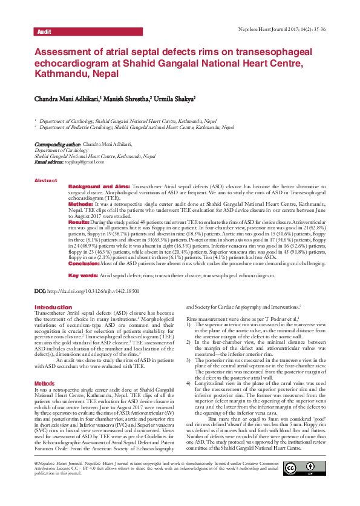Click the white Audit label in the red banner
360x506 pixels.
[44, 31]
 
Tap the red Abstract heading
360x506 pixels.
[45, 180]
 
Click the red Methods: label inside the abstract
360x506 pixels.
[80, 205]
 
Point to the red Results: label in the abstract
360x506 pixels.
[79, 223]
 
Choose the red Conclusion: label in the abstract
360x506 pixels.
[83, 264]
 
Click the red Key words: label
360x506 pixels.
[83, 275]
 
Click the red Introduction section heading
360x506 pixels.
[53, 307]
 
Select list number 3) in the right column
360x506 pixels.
[189, 359]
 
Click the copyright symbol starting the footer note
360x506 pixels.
[37, 479]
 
